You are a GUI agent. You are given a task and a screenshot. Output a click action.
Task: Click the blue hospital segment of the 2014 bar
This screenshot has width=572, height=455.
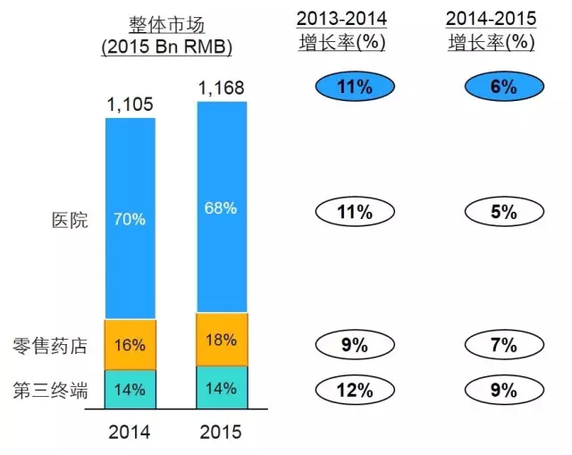[130, 218]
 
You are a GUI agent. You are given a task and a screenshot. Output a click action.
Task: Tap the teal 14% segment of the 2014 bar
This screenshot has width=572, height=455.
[130, 389]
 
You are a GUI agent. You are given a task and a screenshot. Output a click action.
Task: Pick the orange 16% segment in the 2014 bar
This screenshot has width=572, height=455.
[130, 344]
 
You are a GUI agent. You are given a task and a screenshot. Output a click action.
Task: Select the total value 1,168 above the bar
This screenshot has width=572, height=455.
[221, 89]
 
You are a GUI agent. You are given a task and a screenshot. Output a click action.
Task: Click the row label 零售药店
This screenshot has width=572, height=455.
[51, 345]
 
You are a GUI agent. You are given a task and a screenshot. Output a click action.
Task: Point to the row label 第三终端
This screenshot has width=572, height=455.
[51, 389]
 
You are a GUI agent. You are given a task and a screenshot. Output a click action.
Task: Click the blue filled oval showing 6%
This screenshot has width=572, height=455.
[503, 87]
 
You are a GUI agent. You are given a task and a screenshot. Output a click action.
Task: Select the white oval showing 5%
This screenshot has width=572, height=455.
[503, 212]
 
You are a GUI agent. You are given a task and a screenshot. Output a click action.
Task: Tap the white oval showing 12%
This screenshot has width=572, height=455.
[354, 389]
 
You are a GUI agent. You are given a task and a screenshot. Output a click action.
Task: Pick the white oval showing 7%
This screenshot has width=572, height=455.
[503, 345]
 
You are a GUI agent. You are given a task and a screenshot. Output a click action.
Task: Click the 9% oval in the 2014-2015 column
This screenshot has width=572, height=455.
[503, 389]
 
